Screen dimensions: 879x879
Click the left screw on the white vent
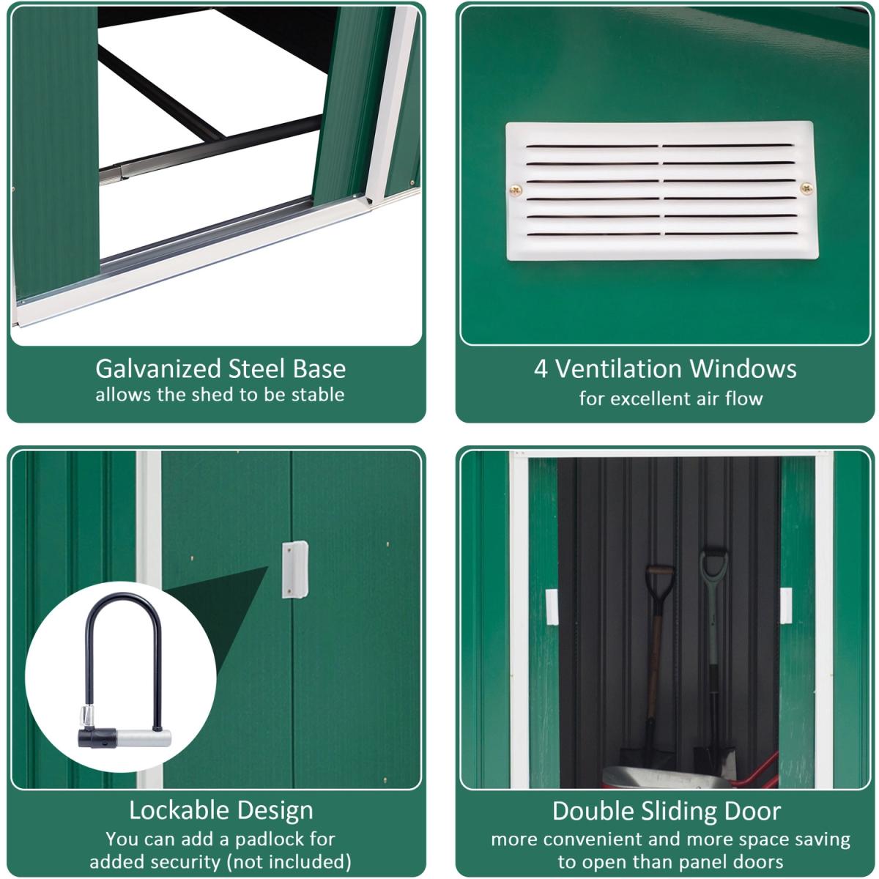tap(516, 190)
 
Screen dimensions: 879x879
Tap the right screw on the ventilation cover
tap(806, 188)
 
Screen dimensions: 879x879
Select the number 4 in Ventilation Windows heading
tap(541, 368)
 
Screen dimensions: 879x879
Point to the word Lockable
tap(178, 811)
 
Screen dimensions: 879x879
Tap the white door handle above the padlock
tap(294, 569)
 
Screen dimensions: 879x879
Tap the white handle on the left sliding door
tap(552, 607)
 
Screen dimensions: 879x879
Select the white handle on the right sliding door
tap(785, 606)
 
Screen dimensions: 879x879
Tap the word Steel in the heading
tap(257, 368)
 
